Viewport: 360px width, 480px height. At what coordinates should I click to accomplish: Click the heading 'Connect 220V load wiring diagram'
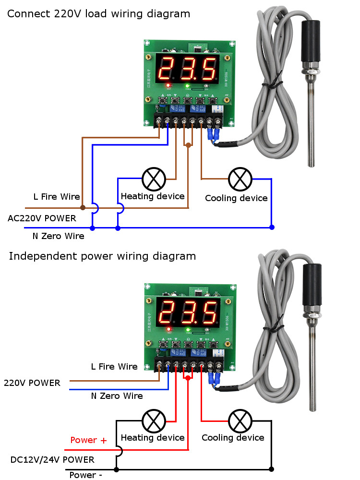[x=98, y=14]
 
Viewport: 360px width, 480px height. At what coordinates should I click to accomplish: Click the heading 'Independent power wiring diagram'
[x=102, y=256]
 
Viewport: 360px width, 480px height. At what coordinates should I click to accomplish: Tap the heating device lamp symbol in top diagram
[x=154, y=180]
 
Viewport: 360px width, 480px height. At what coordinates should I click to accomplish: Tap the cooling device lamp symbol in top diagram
[x=240, y=179]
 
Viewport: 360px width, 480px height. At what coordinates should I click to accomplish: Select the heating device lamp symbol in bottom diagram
[x=154, y=421]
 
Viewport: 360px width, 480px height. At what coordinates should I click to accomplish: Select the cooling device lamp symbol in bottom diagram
[x=240, y=421]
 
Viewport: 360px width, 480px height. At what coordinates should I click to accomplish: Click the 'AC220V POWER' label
[x=42, y=218]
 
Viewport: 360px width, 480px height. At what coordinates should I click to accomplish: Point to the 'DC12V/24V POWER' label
[x=52, y=459]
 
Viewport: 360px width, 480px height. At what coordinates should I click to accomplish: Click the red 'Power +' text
[x=89, y=440]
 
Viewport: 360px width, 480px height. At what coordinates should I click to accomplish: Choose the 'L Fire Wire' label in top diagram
[x=57, y=197]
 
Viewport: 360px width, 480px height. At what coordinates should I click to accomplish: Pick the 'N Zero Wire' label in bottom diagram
[x=117, y=396]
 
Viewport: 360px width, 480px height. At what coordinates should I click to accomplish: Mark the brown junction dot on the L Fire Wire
[x=83, y=208]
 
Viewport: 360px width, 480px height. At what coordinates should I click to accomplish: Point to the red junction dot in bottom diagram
[x=188, y=378]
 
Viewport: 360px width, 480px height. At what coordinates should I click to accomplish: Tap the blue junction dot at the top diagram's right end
[x=272, y=227]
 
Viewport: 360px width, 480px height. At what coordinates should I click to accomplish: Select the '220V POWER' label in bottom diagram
[x=32, y=383]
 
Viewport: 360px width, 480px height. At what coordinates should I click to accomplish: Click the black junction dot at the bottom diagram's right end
[x=272, y=469]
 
